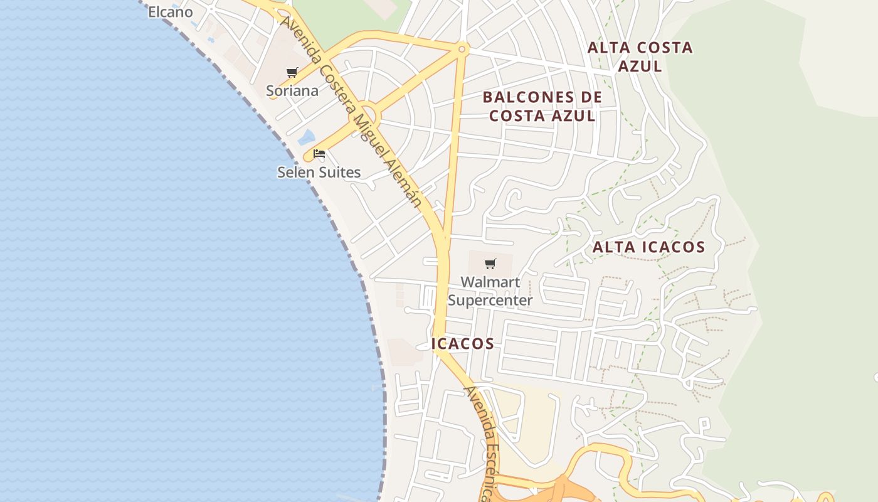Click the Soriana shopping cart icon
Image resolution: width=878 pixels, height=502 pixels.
pos(292,73)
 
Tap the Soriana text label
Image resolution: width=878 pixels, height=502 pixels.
pos(292,90)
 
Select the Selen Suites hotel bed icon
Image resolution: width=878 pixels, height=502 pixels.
pos(319,154)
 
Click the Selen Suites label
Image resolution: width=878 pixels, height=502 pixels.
pos(319,172)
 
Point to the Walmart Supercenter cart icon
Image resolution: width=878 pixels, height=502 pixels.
pos(490,264)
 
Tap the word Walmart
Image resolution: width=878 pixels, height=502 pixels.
pos(490,282)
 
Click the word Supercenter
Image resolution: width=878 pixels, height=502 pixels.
pos(490,300)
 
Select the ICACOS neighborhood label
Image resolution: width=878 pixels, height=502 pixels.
pos(463,344)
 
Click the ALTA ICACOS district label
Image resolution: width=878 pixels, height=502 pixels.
pos(648,247)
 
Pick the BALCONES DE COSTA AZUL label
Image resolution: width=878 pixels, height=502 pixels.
pos(542,107)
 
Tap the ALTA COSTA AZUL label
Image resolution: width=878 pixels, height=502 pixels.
pos(640,56)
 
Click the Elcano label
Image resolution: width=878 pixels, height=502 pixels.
pos(171,12)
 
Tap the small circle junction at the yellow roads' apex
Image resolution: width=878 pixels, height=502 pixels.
pos(462,49)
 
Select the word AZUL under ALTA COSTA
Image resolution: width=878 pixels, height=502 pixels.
pos(640,66)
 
